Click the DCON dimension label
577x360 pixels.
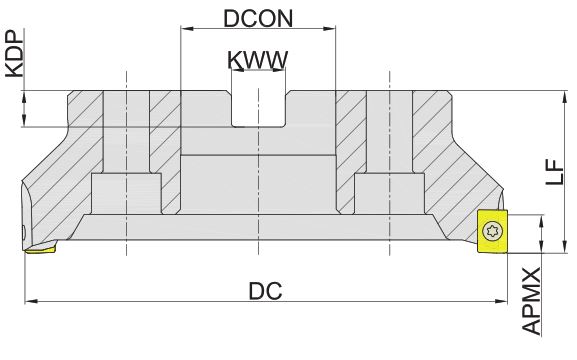(258, 18)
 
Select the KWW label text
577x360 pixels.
(258, 60)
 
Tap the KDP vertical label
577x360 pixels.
(15, 54)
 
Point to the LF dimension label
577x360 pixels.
(555, 172)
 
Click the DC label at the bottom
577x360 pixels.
(265, 291)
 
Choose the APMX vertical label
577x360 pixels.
(531, 301)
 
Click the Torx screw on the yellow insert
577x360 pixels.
(492, 232)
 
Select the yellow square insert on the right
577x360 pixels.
(492, 231)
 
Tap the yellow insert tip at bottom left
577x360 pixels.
(40, 249)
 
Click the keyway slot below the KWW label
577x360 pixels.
(258, 108)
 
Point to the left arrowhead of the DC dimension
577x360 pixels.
(31, 301)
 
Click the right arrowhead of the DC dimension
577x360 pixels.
(501, 301)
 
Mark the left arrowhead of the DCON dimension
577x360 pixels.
(187, 28)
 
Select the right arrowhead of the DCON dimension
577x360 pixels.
(329, 28)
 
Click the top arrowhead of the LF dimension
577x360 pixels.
(564, 96)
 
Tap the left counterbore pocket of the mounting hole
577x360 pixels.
(126, 193)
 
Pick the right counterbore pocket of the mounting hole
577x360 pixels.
(389, 193)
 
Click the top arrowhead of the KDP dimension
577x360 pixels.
(24, 97)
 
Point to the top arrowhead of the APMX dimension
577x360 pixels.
(541, 222)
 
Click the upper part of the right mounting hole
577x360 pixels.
(389, 131)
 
